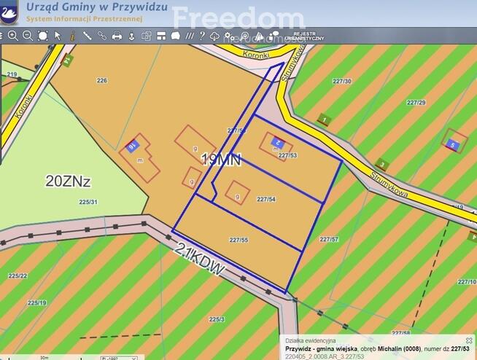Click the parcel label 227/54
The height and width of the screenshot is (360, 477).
pos(266,199)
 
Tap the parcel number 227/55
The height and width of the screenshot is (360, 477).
pos(238,240)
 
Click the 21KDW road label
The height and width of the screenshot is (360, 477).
pos(199,259)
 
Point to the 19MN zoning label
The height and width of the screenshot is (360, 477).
pos(221,160)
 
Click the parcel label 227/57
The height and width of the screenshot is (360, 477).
pos(329,239)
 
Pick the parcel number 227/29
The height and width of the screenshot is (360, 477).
pos(416,103)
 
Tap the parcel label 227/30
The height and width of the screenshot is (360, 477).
pos(341,81)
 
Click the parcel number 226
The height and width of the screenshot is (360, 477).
pos(101,80)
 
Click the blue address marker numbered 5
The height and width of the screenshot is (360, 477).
pos(452,145)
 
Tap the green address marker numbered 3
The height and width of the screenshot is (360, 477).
pos(381,165)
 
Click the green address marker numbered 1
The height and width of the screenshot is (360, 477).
pos(324,120)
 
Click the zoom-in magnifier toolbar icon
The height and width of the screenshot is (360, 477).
pos(12,36)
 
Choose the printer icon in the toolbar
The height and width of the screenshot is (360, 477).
pos(117,36)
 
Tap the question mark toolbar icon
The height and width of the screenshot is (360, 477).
pos(202,36)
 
